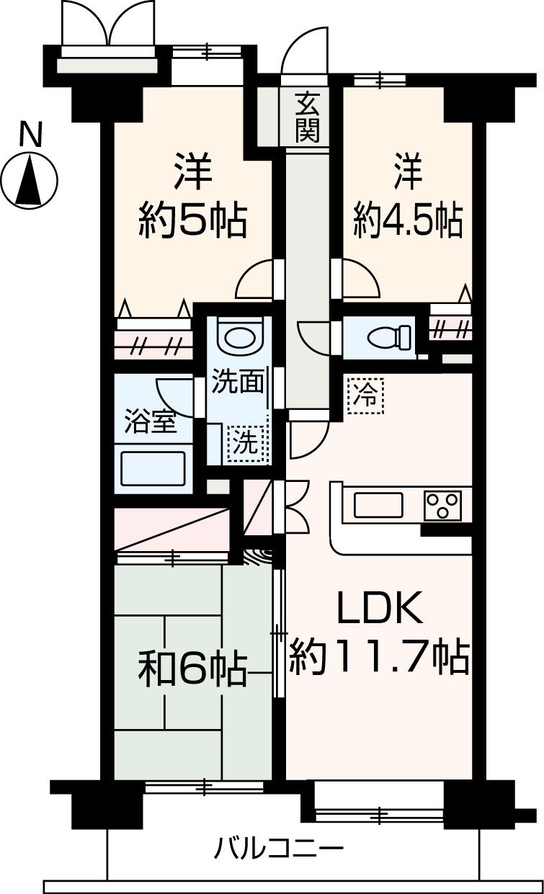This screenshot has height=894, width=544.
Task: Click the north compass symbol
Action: pyautogui.click(x=30, y=180)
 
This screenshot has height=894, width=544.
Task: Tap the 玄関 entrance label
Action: pyautogui.click(x=307, y=119)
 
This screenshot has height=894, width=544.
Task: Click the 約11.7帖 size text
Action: pyautogui.click(x=380, y=656)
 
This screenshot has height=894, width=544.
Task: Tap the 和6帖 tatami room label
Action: pyautogui.click(x=192, y=670)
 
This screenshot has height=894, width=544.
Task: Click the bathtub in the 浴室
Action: pyautogui.click(x=153, y=468)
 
